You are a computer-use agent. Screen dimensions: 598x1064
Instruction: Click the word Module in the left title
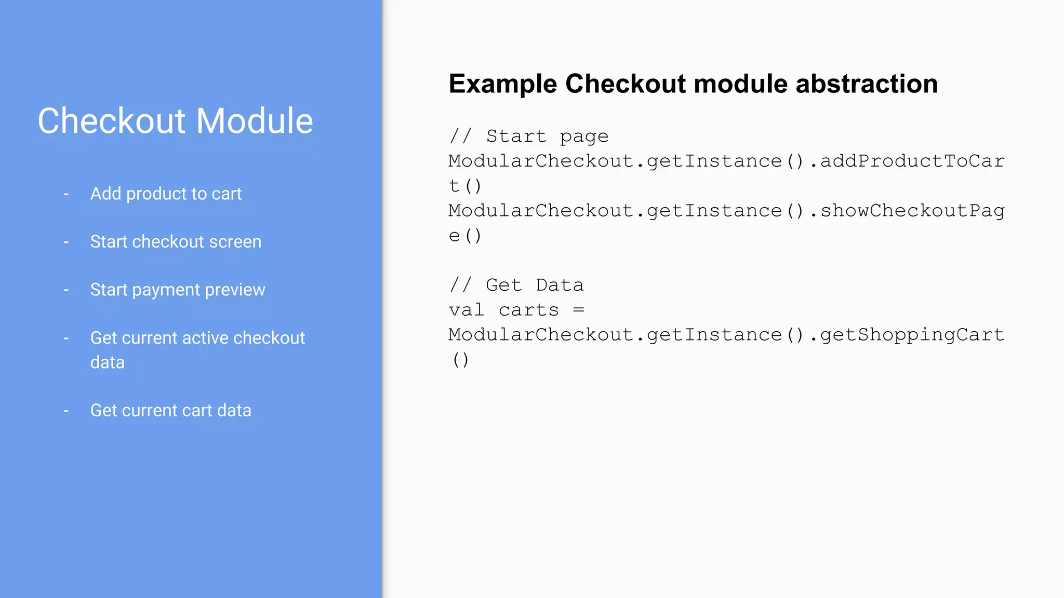255,121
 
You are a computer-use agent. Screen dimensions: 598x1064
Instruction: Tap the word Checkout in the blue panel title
112,121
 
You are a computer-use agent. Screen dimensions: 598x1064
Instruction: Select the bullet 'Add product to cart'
166,194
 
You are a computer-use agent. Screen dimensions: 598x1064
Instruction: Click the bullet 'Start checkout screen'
176,242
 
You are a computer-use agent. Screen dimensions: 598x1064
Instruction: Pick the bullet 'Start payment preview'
178,290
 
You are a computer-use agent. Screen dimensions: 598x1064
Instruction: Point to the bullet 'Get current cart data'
170,411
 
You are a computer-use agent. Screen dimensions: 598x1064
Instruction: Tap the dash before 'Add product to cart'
66,194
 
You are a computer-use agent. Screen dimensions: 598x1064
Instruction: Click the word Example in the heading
503,84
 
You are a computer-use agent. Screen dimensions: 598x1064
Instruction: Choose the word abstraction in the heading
867,84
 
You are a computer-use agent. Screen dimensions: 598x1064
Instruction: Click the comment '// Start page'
529,137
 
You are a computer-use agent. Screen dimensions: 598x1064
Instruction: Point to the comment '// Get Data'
516,285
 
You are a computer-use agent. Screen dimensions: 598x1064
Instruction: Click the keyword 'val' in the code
467,310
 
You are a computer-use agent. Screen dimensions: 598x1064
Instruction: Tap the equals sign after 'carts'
579,310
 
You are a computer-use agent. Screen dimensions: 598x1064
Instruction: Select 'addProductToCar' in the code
912,161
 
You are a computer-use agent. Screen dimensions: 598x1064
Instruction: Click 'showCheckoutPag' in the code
912,211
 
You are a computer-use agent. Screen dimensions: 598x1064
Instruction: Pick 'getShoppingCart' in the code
912,335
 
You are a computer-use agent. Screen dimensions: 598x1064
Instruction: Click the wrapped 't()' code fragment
465,186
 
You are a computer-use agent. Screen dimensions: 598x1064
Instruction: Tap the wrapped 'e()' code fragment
465,236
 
